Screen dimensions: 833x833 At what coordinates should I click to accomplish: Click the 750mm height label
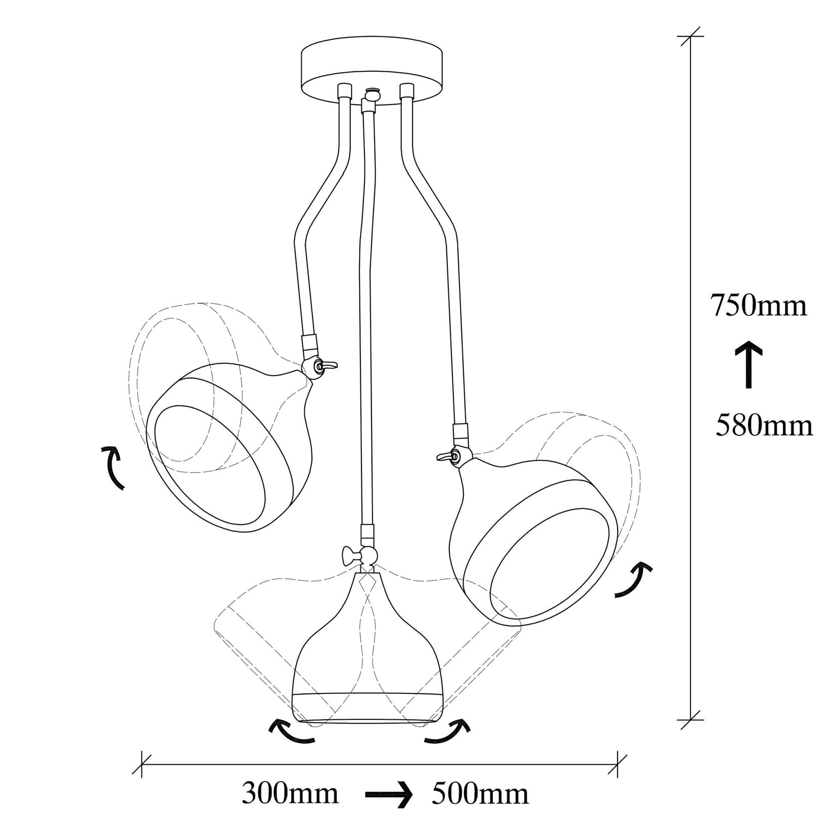coord(758,306)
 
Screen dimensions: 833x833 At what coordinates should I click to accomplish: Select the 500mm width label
coord(480,794)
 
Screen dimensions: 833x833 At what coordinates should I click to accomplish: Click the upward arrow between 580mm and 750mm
coord(749,364)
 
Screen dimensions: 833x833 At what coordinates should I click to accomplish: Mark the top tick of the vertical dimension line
coord(690,37)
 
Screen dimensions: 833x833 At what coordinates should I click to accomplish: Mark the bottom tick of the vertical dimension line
coord(690,719)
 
